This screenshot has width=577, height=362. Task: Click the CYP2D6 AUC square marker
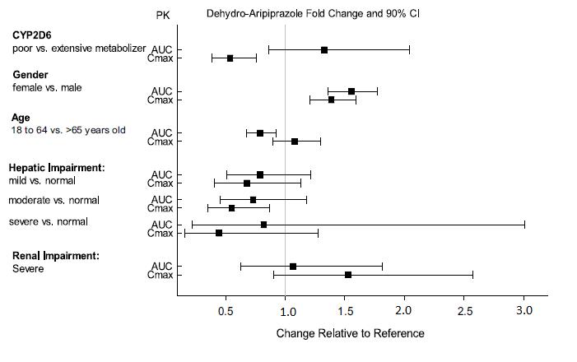324,50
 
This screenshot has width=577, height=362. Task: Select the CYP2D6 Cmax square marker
230,58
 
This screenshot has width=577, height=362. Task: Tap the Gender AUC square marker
351,91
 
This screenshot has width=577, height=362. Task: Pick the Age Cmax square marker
295,142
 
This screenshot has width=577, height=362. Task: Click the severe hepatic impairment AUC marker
263,225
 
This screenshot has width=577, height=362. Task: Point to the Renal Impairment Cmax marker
348,275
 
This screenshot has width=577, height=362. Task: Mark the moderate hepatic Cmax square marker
231,208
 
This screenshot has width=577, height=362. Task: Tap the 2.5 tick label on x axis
465,311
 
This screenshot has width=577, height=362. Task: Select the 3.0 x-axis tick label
524,311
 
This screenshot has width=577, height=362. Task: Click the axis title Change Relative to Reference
350,334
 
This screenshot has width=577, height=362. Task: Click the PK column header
163,15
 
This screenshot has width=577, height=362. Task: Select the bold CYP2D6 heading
32,35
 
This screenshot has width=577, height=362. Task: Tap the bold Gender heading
30,75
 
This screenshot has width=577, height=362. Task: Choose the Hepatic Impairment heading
56,168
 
